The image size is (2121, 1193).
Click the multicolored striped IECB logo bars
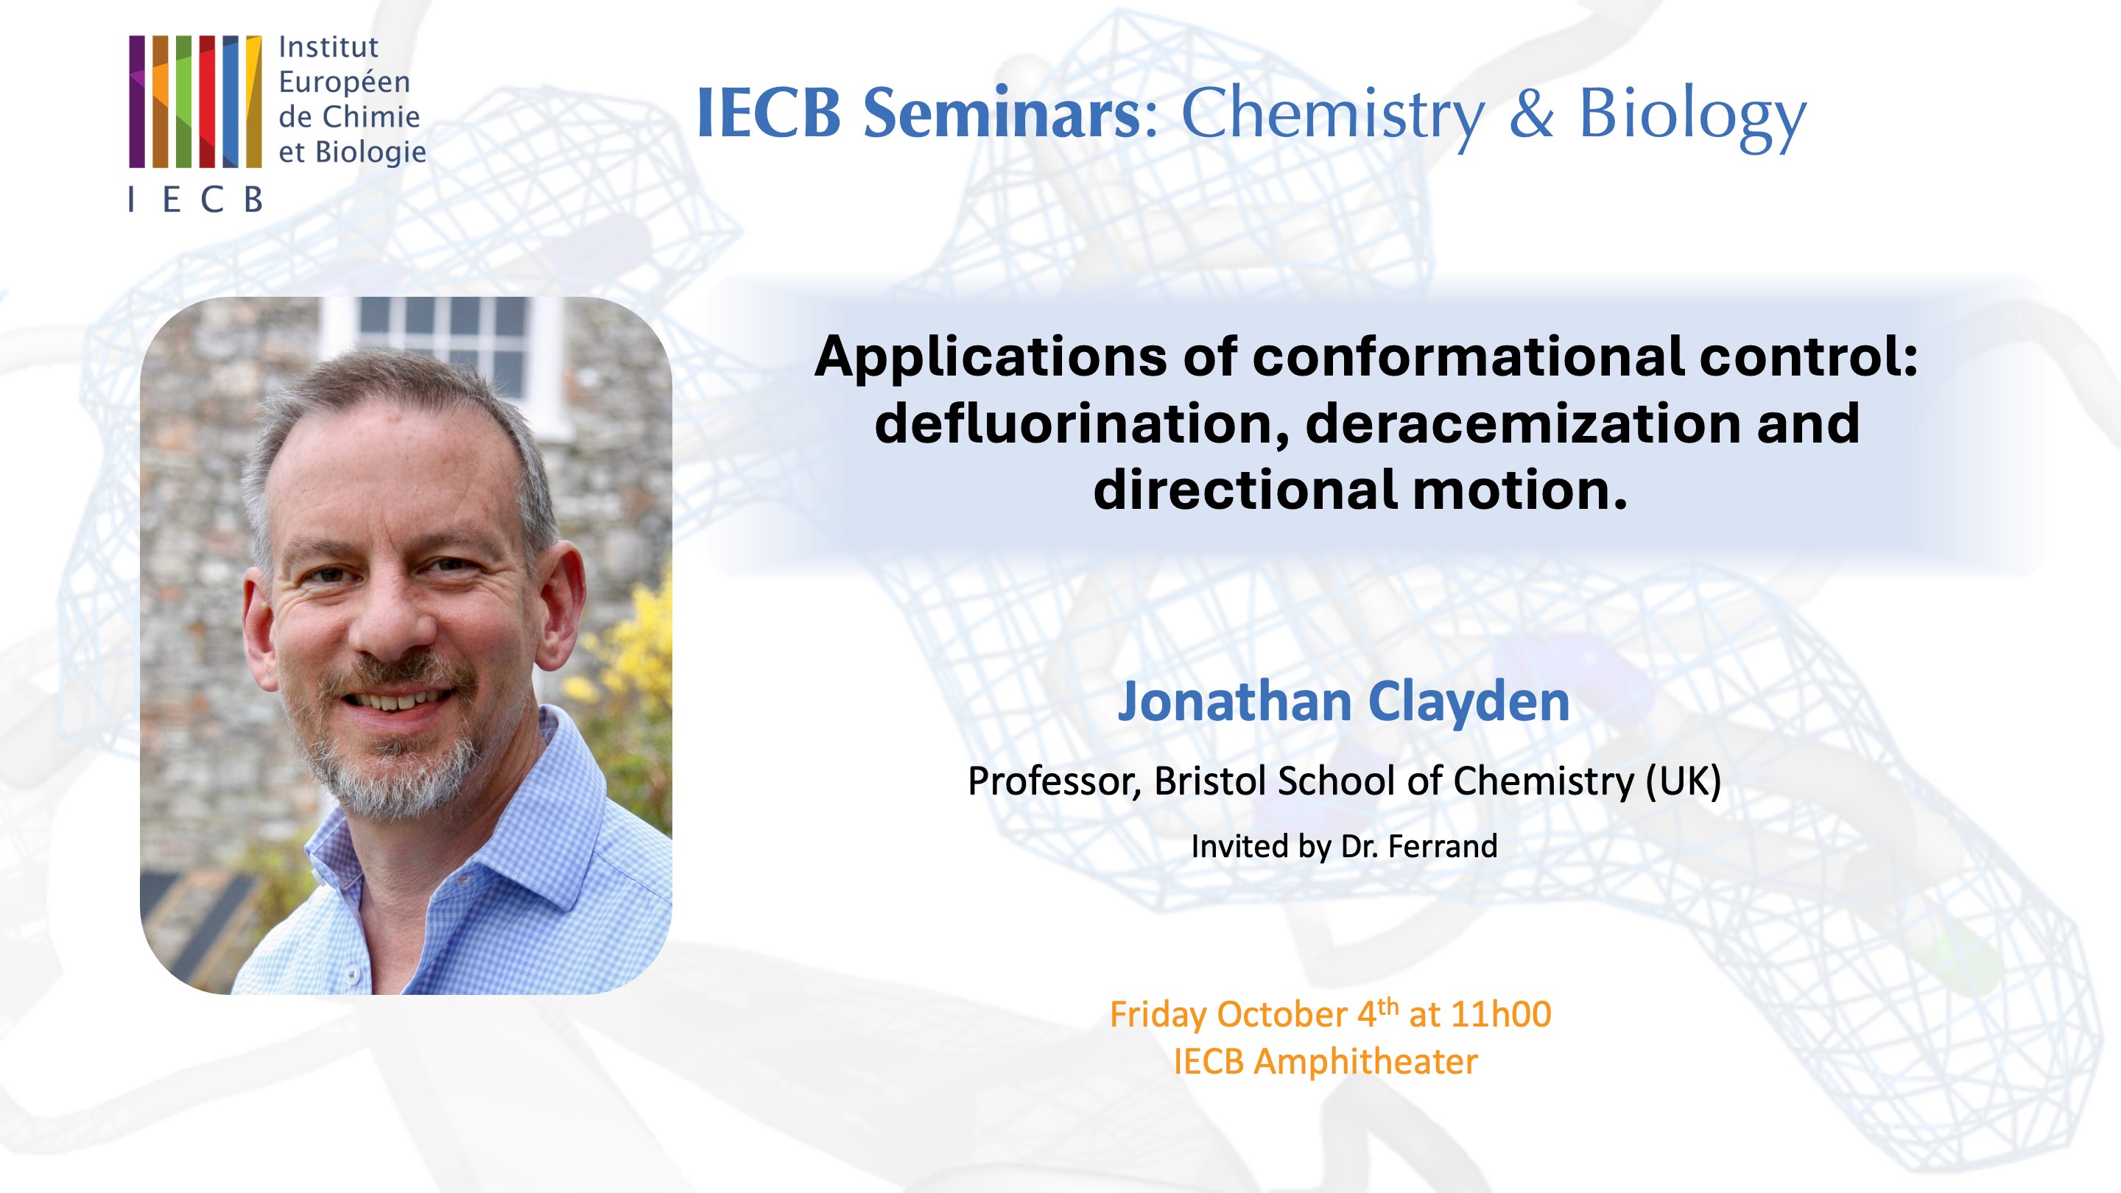click(195, 102)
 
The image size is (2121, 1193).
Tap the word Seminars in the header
click(1000, 113)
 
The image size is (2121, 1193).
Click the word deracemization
click(1522, 424)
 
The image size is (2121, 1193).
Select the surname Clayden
click(1469, 702)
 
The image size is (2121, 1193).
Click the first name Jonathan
click(1234, 702)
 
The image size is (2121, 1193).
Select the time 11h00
click(1501, 1014)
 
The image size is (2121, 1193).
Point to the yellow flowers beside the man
click(642, 650)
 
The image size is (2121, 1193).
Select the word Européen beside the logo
click(344, 82)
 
